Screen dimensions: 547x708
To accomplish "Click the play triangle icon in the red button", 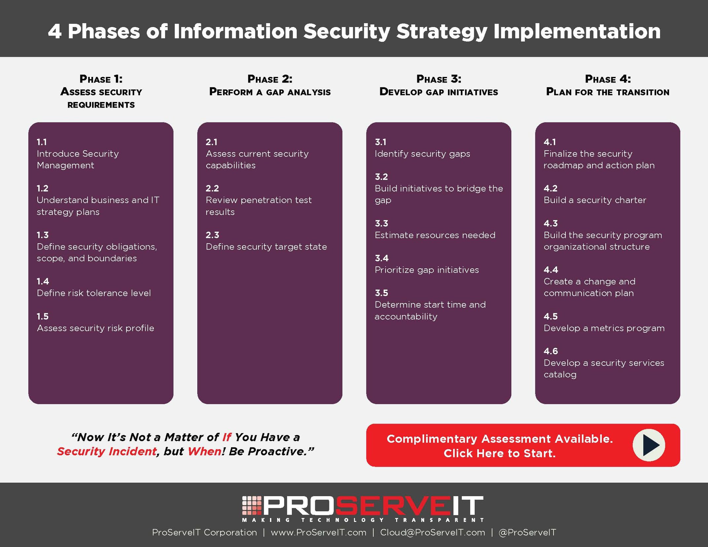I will (650, 445).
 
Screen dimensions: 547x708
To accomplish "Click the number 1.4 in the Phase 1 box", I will (43, 281).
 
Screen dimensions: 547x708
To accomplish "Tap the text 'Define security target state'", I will (266, 247).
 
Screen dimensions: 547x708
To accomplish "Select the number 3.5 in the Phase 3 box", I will (381, 293).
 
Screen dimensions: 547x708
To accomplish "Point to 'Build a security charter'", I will (595, 200).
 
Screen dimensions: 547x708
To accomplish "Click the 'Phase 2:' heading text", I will (270, 79).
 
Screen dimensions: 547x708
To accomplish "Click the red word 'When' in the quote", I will (204, 451).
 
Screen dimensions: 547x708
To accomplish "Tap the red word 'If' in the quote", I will (226, 437).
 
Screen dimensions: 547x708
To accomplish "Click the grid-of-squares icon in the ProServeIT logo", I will (252, 505).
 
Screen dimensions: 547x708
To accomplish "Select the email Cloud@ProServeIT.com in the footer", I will (432, 532).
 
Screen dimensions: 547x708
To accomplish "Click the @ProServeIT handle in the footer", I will (527, 532).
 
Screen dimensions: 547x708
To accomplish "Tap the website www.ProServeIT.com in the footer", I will (319, 532).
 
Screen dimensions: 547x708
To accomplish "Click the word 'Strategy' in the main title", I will (442, 32).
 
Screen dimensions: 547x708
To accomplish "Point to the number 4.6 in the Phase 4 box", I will (551, 351).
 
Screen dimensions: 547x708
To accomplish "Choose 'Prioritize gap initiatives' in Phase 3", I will (426, 270).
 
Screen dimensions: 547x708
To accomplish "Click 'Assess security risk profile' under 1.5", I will (95, 328).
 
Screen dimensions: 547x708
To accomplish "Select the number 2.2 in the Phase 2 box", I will (212, 188).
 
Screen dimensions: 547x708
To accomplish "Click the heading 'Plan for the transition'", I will (608, 92).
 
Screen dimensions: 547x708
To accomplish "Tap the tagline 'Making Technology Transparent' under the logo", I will (363, 520).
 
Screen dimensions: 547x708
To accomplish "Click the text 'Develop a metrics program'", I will (604, 328).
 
